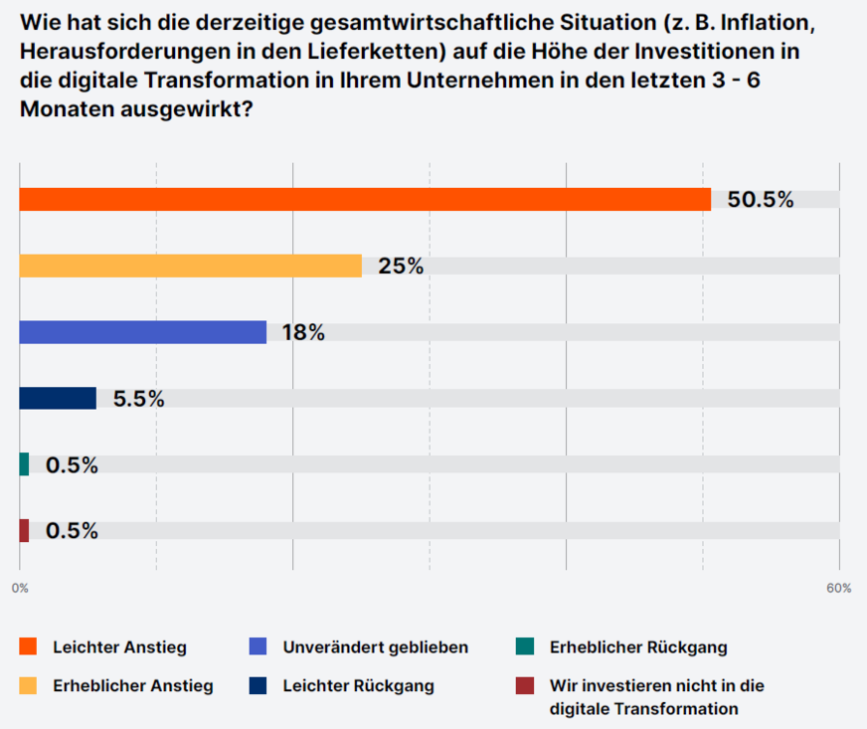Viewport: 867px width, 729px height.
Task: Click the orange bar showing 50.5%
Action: [x=365, y=199]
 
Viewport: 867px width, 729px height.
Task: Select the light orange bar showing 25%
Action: [x=190, y=266]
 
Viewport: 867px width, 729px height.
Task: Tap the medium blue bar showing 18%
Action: [x=143, y=332]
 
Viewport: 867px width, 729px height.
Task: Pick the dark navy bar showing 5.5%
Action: [x=58, y=398]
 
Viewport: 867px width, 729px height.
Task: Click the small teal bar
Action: [x=24, y=464]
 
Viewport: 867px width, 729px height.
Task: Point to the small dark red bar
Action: [x=24, y=530]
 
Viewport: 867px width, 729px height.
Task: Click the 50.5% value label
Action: [x=761, y=199]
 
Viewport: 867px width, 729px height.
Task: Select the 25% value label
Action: [x=401, y=266]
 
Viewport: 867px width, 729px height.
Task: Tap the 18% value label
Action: [x=303, y=332]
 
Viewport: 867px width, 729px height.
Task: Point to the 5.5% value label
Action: [x=138, y=399]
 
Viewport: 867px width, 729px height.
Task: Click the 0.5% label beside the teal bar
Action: [x=72, y=464]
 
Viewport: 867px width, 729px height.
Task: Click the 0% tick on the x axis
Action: [x=20, y=588]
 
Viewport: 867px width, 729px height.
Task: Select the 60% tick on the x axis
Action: [x=838, y=588]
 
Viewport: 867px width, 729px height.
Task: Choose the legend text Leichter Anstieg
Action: [x=119, y=647]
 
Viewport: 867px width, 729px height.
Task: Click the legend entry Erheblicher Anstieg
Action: [x=132, y=685]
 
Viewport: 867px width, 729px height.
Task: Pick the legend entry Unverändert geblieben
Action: [x=375, y=647]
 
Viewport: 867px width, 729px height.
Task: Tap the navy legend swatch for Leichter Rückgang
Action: [x=258, y=685]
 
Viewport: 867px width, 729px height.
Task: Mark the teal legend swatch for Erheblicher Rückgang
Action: [x=524, y=647]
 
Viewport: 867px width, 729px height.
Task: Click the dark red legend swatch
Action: [x=524, y=685]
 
